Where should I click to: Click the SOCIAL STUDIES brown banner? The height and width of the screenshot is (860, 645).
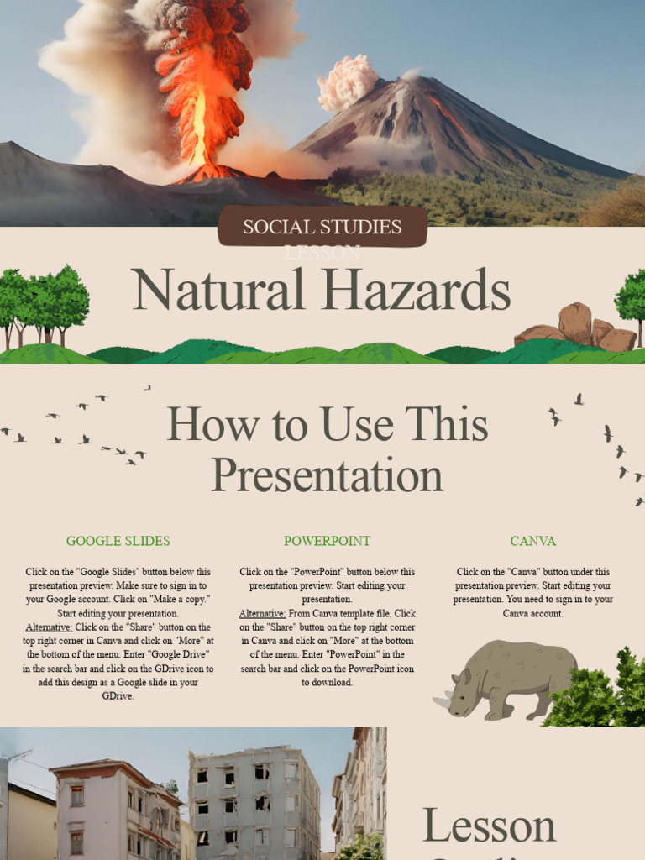pyautogui.click(x=322, y=227)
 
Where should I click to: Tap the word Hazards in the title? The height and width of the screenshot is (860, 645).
pyautogui.click(x=417, y=291)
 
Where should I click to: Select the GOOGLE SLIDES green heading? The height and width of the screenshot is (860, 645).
pyautogui.click(x=118, y=541)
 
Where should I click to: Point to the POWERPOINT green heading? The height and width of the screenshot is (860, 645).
pyautogui.click(x=327, y=541)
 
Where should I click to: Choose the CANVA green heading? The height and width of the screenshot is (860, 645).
pyautogui.click(x=532, y=541)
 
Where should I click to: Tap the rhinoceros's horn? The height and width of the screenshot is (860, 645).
pyautogui.click(x=440, y=701)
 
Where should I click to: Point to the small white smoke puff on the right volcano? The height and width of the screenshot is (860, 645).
pyautogui.click(x=347, y=82)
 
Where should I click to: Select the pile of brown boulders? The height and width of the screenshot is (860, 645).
pyautogui.click(x=577, y=328)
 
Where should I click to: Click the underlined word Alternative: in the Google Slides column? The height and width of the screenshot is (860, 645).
pyautogui.click(x=49, y=627)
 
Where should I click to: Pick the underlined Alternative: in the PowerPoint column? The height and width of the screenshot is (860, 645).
pyautogui.click(x=262, y=614)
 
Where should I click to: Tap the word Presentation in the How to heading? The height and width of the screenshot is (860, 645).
pyautogui.click(x=327, y=475)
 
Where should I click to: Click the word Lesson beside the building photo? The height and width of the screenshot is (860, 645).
pyautogui.click(x=488, y=826)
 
